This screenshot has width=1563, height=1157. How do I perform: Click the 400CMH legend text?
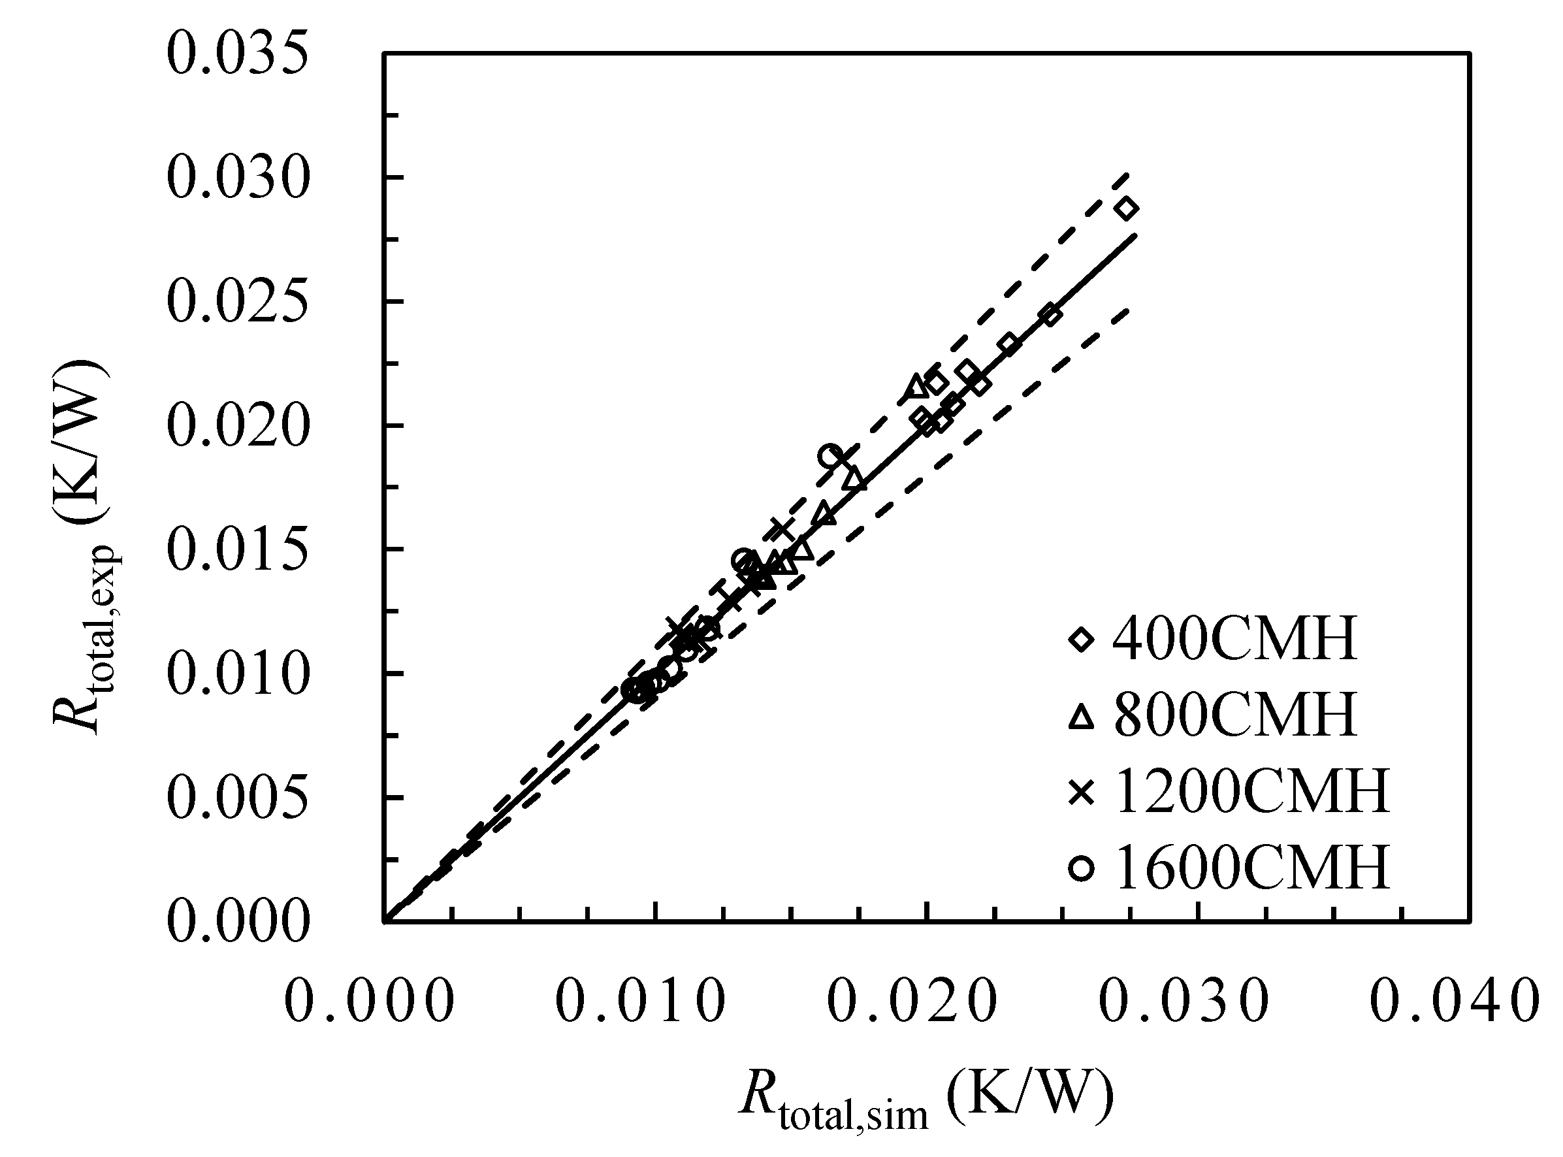1234,640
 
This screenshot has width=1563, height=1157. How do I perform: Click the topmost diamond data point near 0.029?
1127,208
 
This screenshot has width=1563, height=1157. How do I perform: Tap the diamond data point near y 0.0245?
1050,315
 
